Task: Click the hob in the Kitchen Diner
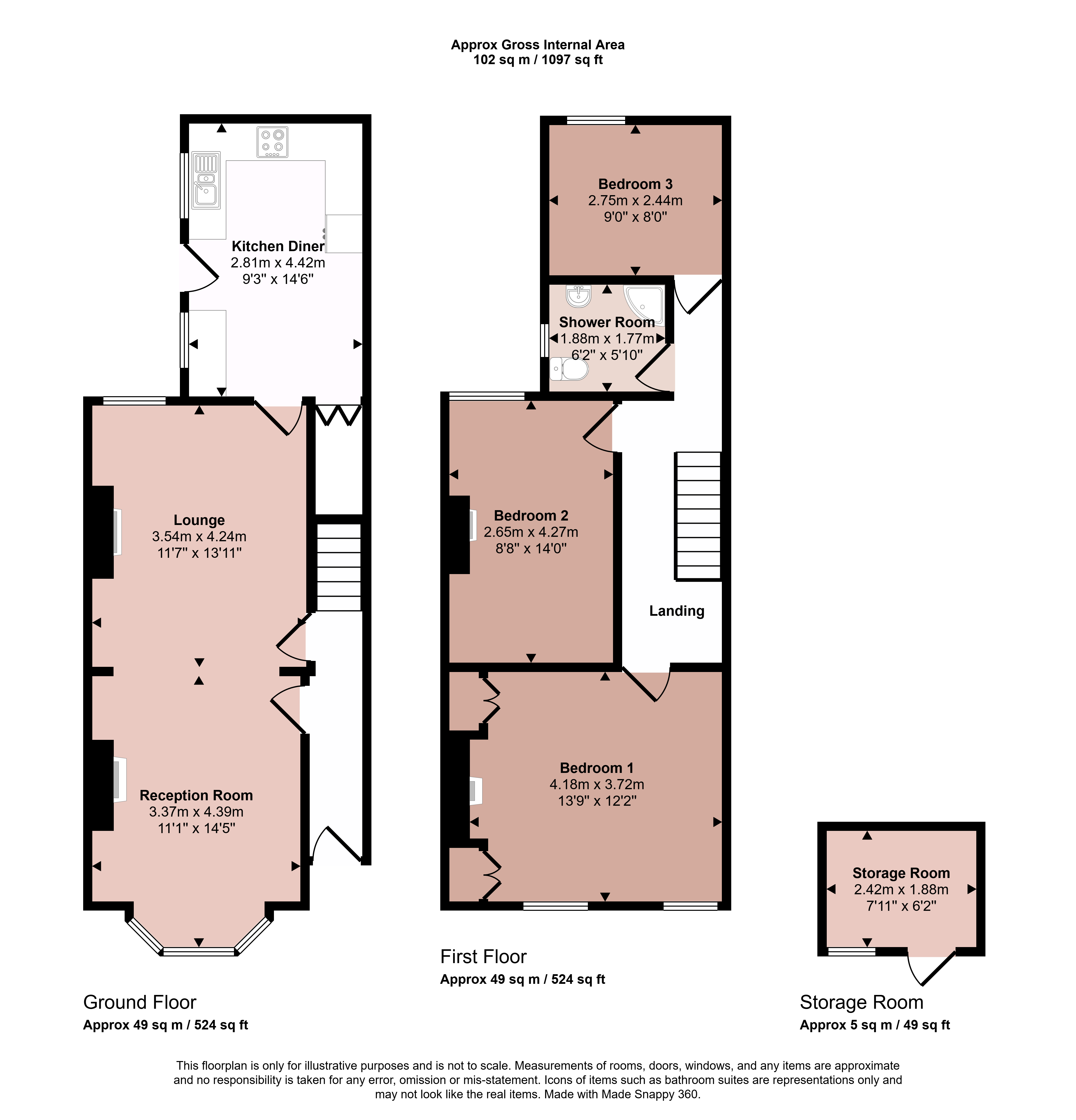click(x=272, y=142)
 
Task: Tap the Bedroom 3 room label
click(x=635, y=184)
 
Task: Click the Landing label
click(x=676, y=611)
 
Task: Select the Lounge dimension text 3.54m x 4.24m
click(x=199, y=537)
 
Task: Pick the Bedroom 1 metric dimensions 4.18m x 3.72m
click(x=597, y=784)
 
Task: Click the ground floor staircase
click(x=339, y=567)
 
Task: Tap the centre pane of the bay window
click(x=199, y=952)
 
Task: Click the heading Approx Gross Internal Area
click(x=538, y=45)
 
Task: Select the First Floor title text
click(x=483, y=957)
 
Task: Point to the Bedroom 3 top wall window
click(x=596, y=120)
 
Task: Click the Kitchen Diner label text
click(x=278, y=246)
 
